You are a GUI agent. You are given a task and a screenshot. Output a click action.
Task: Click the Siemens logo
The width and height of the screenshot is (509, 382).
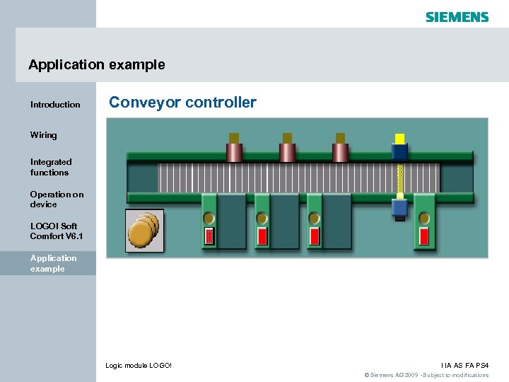457,16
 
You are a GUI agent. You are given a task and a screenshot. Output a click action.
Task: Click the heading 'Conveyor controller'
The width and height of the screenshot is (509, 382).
182,103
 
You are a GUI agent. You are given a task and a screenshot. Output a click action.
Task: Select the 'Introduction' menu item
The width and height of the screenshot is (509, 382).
55,105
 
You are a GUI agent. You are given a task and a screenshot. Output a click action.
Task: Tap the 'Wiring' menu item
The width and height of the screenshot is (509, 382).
44,135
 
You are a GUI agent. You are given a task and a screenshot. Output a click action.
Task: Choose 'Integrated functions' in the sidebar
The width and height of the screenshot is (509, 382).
50,167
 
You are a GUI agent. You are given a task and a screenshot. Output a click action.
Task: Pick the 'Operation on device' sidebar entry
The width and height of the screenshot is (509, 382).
57,199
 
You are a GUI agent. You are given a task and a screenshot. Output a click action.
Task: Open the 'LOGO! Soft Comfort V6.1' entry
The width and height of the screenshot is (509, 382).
57,231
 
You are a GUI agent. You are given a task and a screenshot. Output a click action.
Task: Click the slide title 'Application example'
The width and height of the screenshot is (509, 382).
97,64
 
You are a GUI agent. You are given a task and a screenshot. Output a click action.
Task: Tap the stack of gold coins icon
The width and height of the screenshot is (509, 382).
144,230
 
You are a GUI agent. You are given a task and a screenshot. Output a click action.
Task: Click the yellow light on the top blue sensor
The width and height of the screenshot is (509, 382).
399,139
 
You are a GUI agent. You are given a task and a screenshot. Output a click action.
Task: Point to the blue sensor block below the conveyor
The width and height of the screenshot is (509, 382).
399,207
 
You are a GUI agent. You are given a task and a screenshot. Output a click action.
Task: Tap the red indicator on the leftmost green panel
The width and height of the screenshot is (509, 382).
209,236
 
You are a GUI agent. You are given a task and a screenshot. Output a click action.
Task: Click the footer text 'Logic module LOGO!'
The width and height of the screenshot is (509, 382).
139,365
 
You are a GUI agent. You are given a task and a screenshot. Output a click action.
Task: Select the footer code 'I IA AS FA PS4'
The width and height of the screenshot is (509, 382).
464,365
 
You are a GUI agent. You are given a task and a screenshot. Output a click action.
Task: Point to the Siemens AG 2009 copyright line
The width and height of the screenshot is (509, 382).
426,375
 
